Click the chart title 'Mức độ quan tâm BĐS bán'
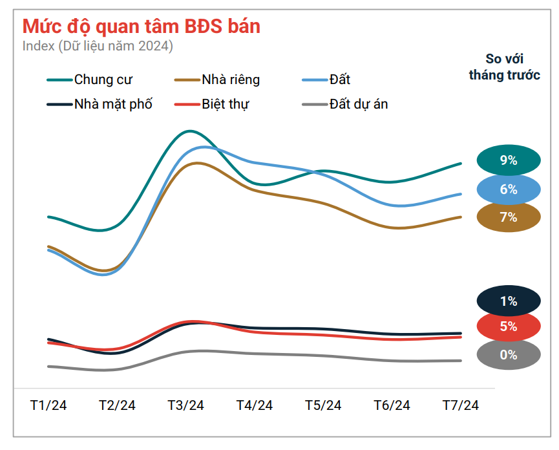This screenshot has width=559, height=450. click(142, 26)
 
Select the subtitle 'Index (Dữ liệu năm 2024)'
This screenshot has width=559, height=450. click(98, 47)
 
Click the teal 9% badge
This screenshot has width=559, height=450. click(509, 161)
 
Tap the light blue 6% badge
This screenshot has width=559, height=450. click(509, 189)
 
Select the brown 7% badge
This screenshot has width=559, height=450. click(509, 217)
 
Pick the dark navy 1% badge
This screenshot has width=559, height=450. click(509, 301)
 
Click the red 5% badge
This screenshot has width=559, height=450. click(509, 327)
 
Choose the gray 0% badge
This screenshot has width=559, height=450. click(509, 355)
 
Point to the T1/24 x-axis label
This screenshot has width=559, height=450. click(48, 405)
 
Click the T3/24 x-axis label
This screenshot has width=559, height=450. click(186, 405)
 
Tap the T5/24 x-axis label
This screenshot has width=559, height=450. click(323, 405)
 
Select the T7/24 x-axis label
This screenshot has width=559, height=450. click(461, 405)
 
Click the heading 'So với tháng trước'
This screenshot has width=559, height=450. click(504, 67)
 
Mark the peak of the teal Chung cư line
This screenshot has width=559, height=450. click(189, 131)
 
